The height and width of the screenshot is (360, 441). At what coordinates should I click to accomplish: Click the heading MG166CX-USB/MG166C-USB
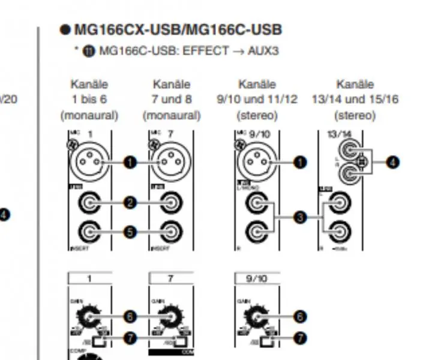[178, 29]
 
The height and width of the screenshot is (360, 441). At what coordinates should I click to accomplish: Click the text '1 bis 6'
[89, 99]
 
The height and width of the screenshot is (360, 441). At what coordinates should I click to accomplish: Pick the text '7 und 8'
[171, 99]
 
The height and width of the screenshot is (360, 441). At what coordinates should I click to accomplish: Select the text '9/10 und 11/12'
[257, 99]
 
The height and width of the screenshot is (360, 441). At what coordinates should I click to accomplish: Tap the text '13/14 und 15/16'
[355, 99]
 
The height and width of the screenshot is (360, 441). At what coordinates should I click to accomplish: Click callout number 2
[130, 203]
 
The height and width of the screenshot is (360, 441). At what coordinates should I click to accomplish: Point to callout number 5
[130, 231]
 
